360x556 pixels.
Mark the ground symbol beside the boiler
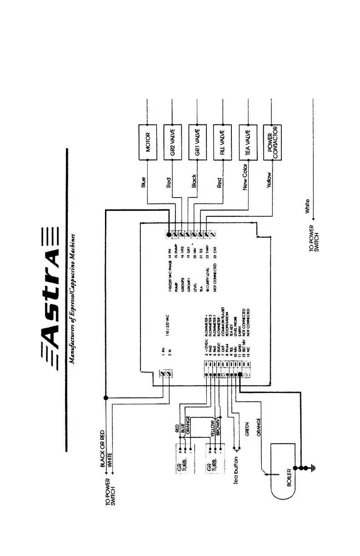click(x=313, y=468)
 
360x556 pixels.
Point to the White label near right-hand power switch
click(x=308, y=206)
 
